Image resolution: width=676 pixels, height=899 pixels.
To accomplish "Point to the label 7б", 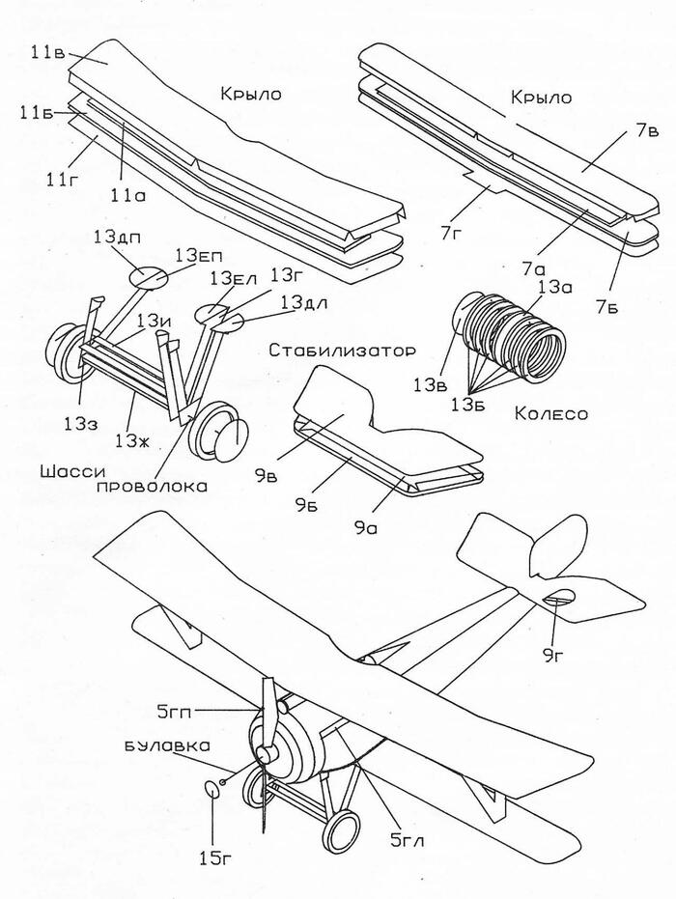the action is click(606, 307).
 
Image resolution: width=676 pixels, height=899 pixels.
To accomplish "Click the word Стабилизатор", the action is click(342, 350).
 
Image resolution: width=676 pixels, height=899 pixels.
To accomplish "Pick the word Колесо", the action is click(551, 413).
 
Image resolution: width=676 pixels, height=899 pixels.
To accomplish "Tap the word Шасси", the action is click(72, 471).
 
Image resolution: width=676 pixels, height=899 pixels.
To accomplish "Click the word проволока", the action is click(152, 487).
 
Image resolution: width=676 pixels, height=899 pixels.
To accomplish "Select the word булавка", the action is click(167, 745).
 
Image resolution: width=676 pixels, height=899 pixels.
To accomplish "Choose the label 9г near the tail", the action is click(555, 657).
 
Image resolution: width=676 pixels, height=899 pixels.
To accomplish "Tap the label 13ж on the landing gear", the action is click(133, 440).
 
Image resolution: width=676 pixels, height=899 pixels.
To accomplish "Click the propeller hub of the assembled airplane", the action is click(265, 753).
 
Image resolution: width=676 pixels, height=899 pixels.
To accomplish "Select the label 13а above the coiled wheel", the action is click(553, 286).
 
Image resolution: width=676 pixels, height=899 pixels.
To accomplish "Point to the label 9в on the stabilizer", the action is click(266, 475).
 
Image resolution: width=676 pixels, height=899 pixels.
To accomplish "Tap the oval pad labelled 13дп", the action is click(148, 277).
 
